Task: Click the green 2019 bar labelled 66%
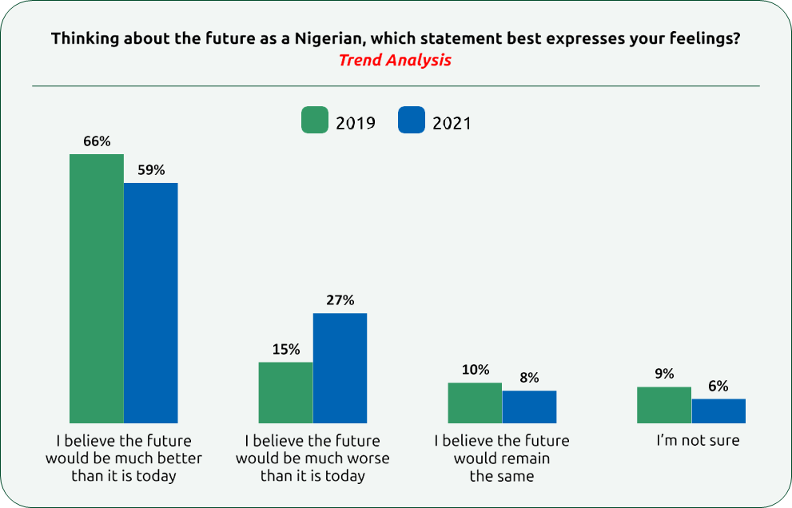(x=97, y=288)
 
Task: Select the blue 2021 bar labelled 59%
(x=151, y=302)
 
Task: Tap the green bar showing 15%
(x=285, y=392)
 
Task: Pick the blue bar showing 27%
(x=340, y=367)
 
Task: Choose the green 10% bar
(x=475, y=403)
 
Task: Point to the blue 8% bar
(x=529, y=407)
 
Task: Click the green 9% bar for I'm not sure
(x=664, y=404)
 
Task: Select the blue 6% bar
(x=718, y=411)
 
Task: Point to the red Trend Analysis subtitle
(x=395, y=60)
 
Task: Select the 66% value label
(x=97, y=141)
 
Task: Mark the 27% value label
(x=340, y=300)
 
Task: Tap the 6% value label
(x=718, y=386)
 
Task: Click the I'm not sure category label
(x=698, y=440)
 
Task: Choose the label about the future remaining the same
(x=502, y=458)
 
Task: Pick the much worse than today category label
(x=312, y=458)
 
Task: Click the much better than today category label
(x=124, y=458)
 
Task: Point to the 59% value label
(x=151, y=170)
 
